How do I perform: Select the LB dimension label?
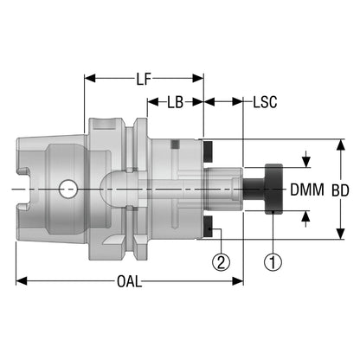pyautogui.click(x=176, y=102)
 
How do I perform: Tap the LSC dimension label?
pyautogui.click(x=265, y=102)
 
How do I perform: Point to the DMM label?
pyautogui.click(x=307, y=190)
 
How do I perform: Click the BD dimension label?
pyautogui.click(x=340, y=190)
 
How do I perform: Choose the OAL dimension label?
pyautogui.click(x=130, y=281)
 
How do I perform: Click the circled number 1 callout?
pyautogui.click(x=273, y=261)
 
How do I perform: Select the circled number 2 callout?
pyautogui.click(x=222, y=261)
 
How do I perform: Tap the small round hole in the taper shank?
pyautogui.click(x=67, y=190)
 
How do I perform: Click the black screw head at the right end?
pyautogui.click(x=273, y=190)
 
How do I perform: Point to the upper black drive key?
pyautogui.click(x=208, y=151)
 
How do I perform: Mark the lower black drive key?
pyautogui.click(x=208, y=227)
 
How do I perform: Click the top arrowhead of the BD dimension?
pyautogui.click(x=341, y=145)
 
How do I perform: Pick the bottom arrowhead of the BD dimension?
pyautogui.click(x=341, y=234)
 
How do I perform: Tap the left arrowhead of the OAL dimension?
pyautogui.click(x=22, y=281)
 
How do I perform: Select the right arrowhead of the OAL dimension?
pyautogui.click(x=238, y=281)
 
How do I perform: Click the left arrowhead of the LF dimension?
pyautogui.click(x=90, y=78)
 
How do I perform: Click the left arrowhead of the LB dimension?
pyautogui.click(x=153, y=102)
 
